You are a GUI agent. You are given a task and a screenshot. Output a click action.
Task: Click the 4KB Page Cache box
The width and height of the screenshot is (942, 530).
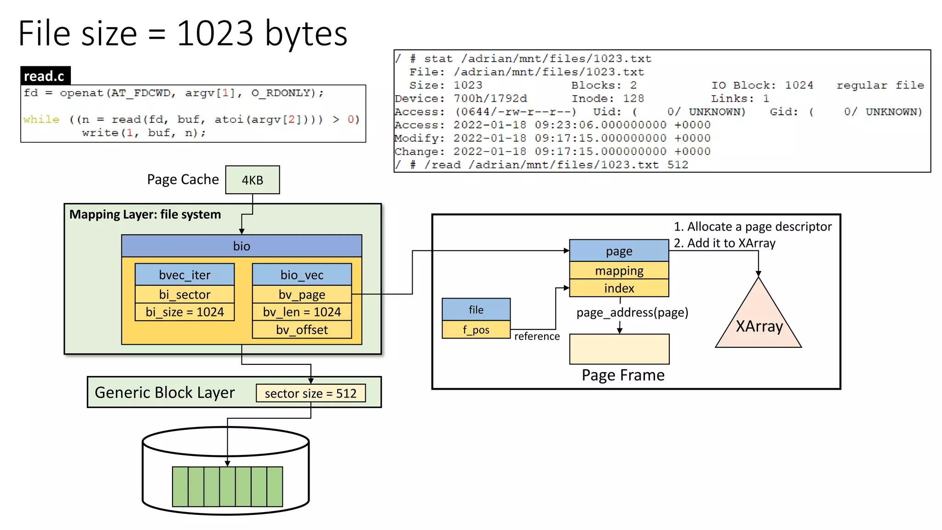252,180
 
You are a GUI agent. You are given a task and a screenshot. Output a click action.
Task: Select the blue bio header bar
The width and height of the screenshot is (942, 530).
241,246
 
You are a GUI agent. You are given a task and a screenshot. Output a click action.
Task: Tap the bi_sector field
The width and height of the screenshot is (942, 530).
184,294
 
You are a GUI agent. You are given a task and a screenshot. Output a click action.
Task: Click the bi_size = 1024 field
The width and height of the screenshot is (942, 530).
184,312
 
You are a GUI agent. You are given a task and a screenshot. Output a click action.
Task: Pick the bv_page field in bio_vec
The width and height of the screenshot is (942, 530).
302,294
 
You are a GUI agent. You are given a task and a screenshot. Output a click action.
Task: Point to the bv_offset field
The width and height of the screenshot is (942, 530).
302,330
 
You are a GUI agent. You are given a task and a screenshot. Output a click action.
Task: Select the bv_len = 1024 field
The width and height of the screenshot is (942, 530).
302,312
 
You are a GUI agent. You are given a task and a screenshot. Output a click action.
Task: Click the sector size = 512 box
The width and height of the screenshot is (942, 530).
310,393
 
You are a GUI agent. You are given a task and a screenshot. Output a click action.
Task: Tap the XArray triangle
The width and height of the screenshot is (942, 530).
758,324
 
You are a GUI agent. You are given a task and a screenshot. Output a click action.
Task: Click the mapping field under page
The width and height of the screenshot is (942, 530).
619,271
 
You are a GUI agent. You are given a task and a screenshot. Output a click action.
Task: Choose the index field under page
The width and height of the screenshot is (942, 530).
619,288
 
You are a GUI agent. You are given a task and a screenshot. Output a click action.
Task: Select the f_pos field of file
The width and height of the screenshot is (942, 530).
476,330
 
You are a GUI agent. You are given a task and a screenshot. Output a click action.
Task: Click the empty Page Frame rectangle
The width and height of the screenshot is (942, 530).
619,349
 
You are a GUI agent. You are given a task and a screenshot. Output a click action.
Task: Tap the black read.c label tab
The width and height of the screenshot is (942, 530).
45,76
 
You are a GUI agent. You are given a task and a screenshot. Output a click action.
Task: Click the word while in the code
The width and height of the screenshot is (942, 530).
41,120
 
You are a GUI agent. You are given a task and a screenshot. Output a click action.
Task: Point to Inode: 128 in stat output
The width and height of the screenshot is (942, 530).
607,98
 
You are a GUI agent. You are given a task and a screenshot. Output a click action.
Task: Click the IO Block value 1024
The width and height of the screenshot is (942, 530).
799,85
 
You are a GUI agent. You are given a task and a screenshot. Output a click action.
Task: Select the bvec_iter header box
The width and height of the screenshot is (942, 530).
184,275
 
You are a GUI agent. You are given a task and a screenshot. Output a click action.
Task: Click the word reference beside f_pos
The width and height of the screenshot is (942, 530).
537,336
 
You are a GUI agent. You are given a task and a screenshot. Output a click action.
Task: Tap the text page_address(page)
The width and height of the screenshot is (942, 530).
632,313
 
